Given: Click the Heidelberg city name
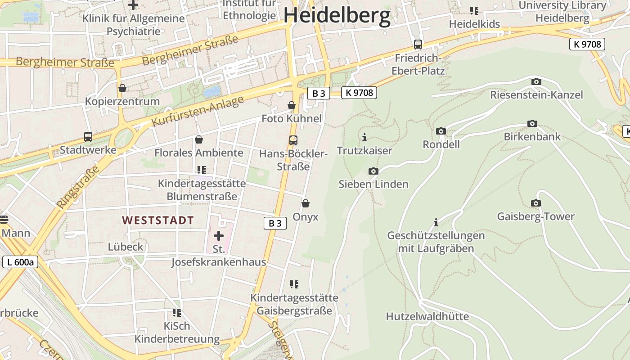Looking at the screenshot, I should click(x=337, y=15).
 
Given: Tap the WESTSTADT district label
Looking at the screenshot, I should click(x=158, y=220).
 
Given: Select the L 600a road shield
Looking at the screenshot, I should click(x=20, y=262).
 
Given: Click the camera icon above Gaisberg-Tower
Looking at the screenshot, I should click(x=535, y=203).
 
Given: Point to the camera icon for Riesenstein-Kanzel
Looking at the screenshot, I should click(x=536, y=81).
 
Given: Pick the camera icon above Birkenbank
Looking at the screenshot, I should click(x=532, y=123).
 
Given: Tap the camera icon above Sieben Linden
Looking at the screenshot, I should click(x=373, y=171).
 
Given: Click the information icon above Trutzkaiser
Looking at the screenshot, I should click(x=364, y=137).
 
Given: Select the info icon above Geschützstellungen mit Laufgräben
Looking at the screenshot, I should click(x=436, y=222).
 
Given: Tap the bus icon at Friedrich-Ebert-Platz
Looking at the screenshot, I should click(x=418, y=44).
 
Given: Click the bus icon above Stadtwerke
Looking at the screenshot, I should click(x=88, y=136).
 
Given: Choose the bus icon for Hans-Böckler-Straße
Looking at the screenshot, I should click(x=293, y=140).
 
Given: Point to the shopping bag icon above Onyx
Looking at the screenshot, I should click(x=306, y=203).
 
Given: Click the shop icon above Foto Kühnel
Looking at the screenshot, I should click(x=292, y=105).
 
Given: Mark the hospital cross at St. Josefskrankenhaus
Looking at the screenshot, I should click(x=219, y=235).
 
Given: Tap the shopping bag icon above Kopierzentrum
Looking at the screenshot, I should click(x=122, y=88).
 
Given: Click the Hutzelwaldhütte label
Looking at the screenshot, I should click(x=427, y=316).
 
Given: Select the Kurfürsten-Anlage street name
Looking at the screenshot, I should click(x=198, y=111).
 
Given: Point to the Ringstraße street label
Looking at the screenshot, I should click(x=78, y=187).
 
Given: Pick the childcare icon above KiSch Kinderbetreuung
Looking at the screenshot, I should click(x=177, y=312).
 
